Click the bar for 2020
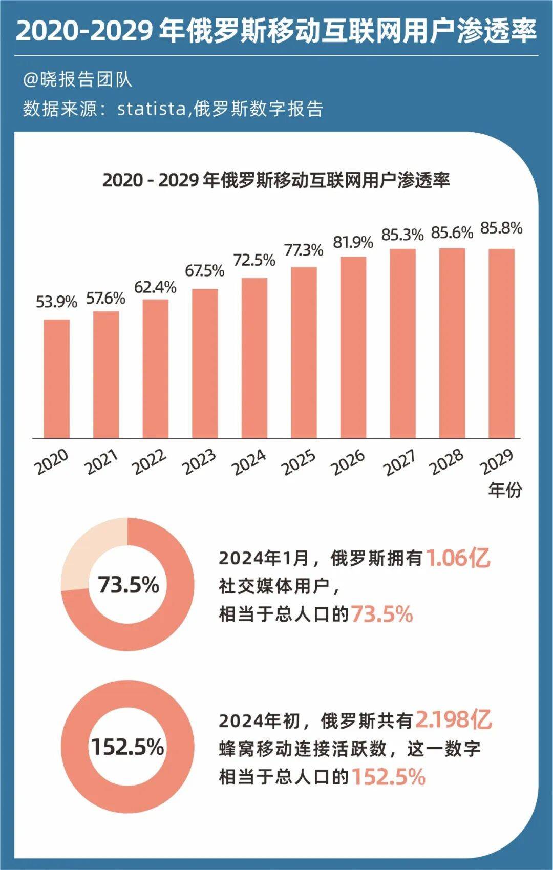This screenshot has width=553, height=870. (x=56, y=379)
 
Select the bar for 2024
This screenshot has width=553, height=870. (x=254, y=358)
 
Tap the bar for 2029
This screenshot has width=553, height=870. (x=501, y=343)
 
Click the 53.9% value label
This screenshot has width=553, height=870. (x=56, y=302)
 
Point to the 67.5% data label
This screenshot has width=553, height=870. (x=205, y=270)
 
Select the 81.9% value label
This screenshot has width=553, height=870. (x=353, y=242)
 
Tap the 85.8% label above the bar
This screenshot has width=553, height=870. (x=501, y=228)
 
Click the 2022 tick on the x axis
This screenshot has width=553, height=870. (x=150, y=462)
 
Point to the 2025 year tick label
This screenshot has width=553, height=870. (x=299, y=462)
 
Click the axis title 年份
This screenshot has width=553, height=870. (x=505, y=490)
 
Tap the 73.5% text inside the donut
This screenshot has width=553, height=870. (x=129, y=584)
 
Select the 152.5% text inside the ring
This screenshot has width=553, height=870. (x=127, y=747)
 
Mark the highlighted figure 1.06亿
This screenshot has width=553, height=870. (x=458, y=558)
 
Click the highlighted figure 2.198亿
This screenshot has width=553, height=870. (x=453, y=720)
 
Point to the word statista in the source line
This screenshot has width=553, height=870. (x=151, y=109)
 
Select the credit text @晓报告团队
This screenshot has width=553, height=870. (x=77, y=79)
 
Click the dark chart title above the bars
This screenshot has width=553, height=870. (x=276, y=180)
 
